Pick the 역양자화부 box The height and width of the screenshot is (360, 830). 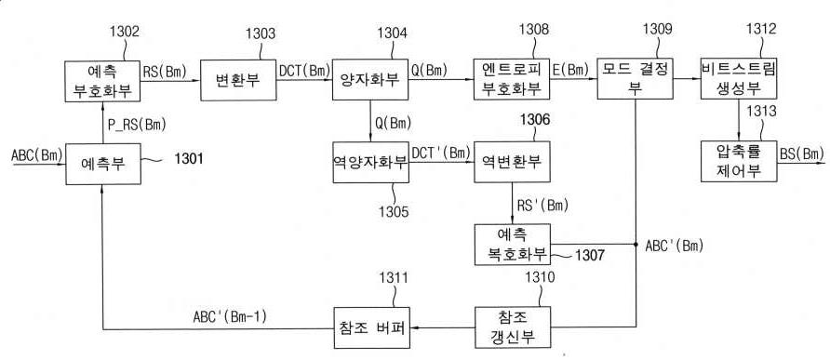[x=370, y=161]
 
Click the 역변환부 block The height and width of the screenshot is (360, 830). [x=510, y=161]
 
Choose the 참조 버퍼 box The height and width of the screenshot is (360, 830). [x=370, y=328]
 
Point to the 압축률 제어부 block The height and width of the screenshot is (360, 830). [x=739, y=161]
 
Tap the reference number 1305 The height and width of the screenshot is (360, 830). [x=394, y=211]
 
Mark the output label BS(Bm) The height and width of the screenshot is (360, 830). [x=800, y=153]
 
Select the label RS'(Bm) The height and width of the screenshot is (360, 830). [x=547, y=204]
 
